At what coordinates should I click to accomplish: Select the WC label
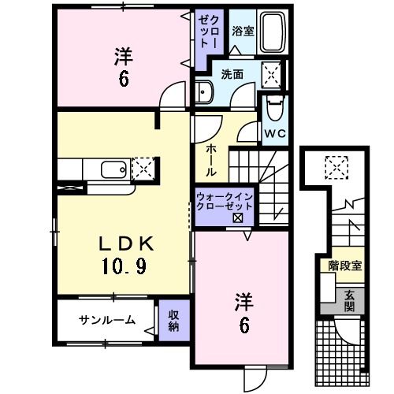point(275,132)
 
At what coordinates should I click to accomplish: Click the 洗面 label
point(231,76)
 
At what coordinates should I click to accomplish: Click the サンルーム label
point(106,320)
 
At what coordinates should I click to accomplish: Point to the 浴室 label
point(241,32)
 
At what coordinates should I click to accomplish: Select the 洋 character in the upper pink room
point(122,56)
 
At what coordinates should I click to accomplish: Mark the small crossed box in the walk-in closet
point(237,217)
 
